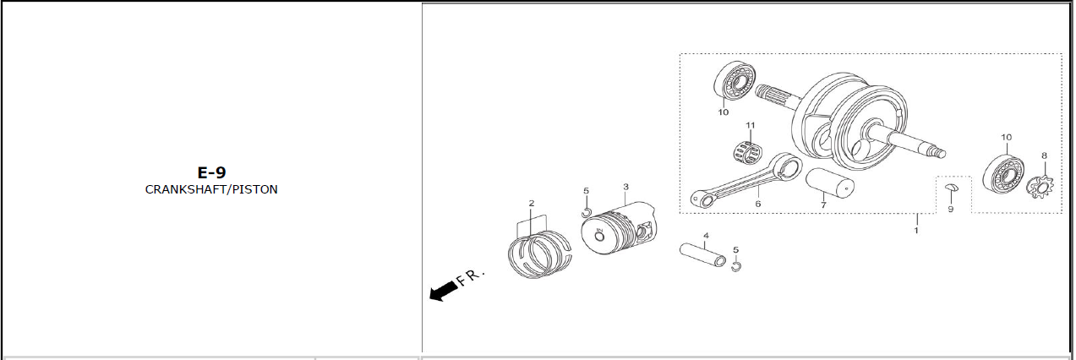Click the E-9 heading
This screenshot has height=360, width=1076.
[211, 172]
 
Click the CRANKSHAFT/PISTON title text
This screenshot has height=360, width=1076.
[211, 189]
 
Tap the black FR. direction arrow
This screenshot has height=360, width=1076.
[444, 291]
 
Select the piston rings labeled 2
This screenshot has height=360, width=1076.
[539, 254]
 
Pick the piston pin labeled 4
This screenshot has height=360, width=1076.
[702, 254]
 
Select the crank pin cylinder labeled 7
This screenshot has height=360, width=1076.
[829, 183]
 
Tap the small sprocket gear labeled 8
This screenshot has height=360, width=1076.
[1040, 188]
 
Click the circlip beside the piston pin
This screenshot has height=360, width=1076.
[736, 266]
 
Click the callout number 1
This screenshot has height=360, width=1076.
[916, 231]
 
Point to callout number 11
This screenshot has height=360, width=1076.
[751, 125]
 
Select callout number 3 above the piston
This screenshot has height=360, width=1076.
[625, 187]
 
